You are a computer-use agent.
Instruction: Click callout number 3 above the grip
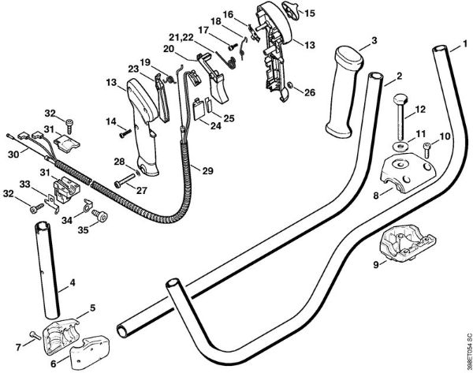click(374, 39)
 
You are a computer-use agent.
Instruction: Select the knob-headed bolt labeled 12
click(400, 118)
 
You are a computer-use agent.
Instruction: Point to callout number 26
click(309, 92)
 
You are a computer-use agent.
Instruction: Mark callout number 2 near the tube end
click(400, 76)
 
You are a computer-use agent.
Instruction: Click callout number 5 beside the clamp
click(92, 307)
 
